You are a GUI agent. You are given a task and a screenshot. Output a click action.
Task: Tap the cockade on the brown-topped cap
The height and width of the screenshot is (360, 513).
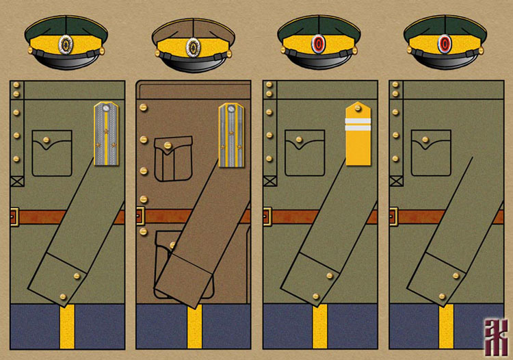(193, 47)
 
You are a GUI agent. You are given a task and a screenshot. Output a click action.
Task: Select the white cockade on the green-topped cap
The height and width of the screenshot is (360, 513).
(66, 45)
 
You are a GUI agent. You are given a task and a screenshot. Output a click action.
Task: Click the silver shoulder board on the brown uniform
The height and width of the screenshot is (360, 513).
(232, 134)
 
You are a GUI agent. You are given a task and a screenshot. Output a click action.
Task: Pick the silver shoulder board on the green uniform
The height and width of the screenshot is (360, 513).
(107, 134)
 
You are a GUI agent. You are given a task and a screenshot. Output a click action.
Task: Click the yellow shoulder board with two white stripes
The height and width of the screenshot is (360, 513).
(358, 133)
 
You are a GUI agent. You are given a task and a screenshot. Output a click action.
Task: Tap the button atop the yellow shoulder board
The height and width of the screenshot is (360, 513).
(358, 107)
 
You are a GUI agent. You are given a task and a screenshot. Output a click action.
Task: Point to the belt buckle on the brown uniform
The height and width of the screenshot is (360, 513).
(140, 216)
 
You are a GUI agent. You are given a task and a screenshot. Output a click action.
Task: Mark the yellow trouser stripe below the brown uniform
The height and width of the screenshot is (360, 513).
(194, 326)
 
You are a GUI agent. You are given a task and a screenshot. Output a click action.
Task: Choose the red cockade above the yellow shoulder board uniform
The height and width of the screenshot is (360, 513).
(319, 45)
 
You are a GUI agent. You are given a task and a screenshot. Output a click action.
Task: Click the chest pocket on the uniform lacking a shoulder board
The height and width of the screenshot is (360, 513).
(430, 152)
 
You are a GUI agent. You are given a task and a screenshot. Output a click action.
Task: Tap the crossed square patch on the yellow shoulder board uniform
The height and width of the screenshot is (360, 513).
(268, 181)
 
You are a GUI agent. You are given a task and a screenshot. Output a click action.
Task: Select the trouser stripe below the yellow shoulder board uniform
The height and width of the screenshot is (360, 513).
(319, 326)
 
